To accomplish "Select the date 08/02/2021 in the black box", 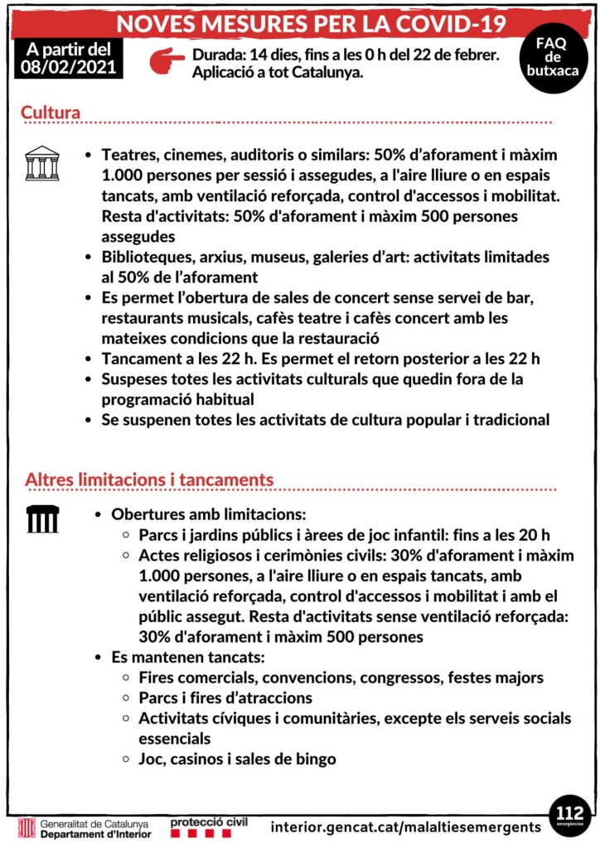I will (x=68, y=65).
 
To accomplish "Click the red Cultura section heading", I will (x=51, y=112).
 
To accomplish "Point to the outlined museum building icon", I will (x=41, y=163).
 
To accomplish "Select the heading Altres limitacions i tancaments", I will (x=149, y=479).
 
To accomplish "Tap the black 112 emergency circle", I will (x=570, y=814).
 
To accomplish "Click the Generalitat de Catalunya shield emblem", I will (x=27, y=828).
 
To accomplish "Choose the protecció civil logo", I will (x=209, y=826).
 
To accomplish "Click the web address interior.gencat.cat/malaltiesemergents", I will (x=406, y=827).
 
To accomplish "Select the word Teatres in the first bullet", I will (x=128, y=155).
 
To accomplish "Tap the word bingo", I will (x=316, y=759).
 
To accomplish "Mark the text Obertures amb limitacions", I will (x=209, y=514).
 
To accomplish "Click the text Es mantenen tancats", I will (x=188, y=658).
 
